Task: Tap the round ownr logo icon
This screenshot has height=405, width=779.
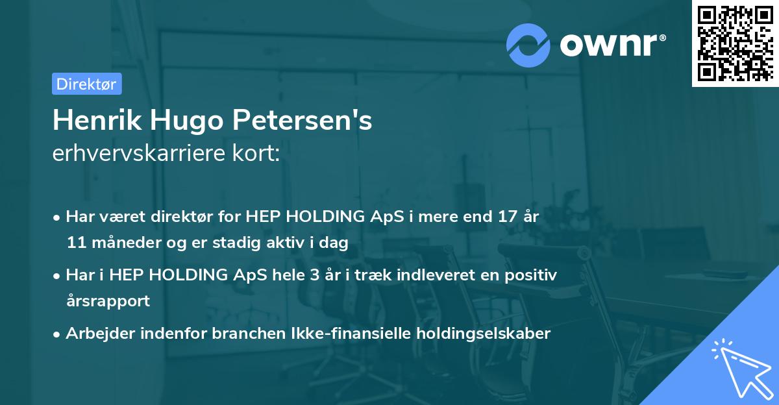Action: pyautogui.click(x=528, y=45)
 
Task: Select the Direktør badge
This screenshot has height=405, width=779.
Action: pyautogui.click(x=86, y=84)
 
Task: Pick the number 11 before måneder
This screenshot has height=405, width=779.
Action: pyautogui.click(x=75, y=243)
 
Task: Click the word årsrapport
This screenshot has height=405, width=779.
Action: pyautogui.click(x=108, y=301)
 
